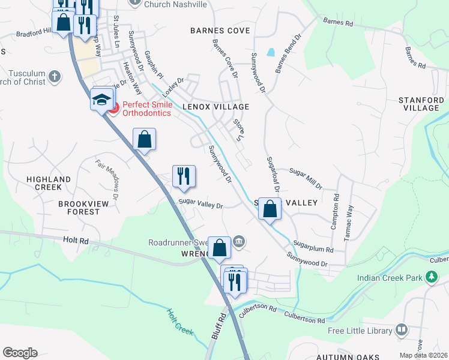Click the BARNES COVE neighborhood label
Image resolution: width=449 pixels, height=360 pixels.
click(x=220, y=30)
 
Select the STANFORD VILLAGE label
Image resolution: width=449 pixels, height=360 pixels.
click(x=424, y=104)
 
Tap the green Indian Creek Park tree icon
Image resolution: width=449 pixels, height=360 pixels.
click(x=430, y=277)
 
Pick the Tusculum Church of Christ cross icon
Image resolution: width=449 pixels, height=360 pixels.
click(x=55, y=77)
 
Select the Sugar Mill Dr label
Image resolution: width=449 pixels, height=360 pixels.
click(x=306, y=178)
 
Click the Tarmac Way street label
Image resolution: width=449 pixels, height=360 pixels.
click(x=349, y=223)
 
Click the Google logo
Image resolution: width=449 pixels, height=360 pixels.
click(x=20, y=353)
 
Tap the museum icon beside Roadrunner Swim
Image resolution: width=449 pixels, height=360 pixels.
click(x=239, y=242)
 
